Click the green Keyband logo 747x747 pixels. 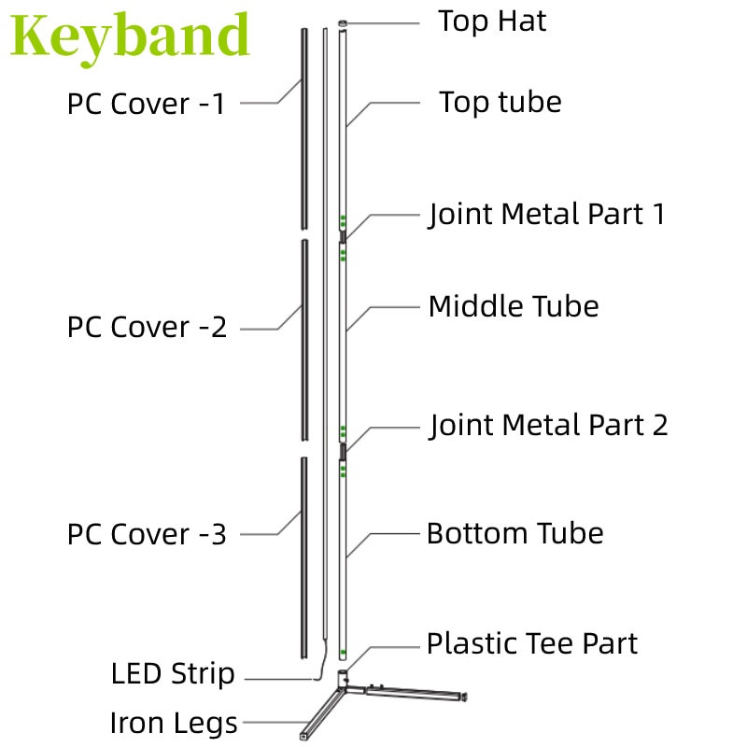pyautogui.click(x=130, y=37)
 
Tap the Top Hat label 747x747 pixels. pyautogui.click(x=492, y=21)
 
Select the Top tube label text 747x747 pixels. pyautogui.click(x=500, y=103)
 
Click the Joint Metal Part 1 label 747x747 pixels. pyautogui.click(x=546, y=215)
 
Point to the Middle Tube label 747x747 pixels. pyautogui.click(x=514, y=306)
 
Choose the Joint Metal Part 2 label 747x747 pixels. pyautogui.click(x=548, y=426)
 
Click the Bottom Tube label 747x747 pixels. pyautogui.click(x=515, y=533)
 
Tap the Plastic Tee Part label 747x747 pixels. pyautogui.click(x=532, y=643)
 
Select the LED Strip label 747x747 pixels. pyautogui.click(x=173, y=674)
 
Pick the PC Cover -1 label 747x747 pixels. pyautogui.click(x=146, y=104)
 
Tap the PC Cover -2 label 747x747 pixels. pyautogui.click(x=147, y=328)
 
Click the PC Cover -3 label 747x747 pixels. pyautogui.click(x=147, y=534)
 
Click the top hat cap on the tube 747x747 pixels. pyautogui.click(x=343, y=23)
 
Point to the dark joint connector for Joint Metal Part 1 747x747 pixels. pyautogui.click(x=343, y=236)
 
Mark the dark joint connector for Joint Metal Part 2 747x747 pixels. pyautogui.click(x=343, y=451)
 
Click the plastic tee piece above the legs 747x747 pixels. pyautogui.click(x=343, y=679)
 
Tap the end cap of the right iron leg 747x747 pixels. pyautogui.click(x=464, y=697)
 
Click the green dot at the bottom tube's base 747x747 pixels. pyautogui.click(x=343, y=652)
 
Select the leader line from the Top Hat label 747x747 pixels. pyautogui.click(x=383, y=23)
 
